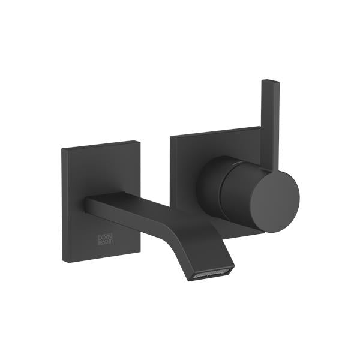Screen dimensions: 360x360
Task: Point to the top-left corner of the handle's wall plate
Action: coord(171,137)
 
